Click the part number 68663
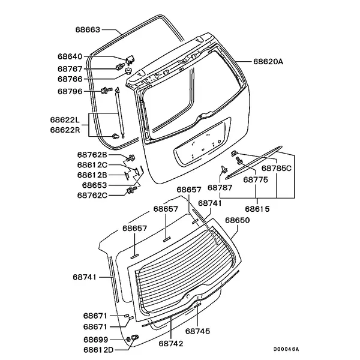[x=88, y=30]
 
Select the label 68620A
[x=268, y=62]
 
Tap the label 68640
[x=70, y=56]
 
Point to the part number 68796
[x=70, y=92]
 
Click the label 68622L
[x=65, y=120]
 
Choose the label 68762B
[x=92, y=155]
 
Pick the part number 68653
[x=94, y=185]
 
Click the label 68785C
[x=277, y=169]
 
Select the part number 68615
[x=257, y=209]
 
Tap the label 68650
[x=237, y=220]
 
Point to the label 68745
[x=197, y=331]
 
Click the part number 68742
[x=171, y=344]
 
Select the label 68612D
[x=98, y=350]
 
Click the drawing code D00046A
[x=286, y=349]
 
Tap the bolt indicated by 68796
[x=106, y=89]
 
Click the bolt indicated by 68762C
[x=131, y=190]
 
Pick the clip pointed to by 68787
[x=224, y=169]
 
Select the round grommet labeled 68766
[x=128, y=70]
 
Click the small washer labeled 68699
[x=128, y=340]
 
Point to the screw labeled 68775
[x=239, y=160]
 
